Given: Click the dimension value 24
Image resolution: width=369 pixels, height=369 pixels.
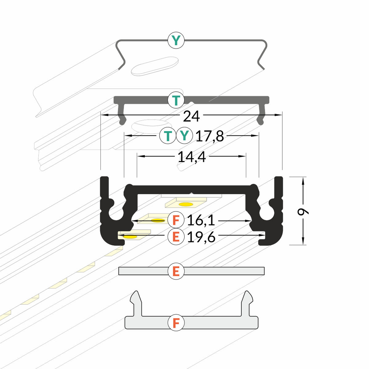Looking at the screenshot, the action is click(x=191, y=116).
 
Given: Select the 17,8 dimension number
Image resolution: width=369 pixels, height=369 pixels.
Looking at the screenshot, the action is click(x=210, y=136).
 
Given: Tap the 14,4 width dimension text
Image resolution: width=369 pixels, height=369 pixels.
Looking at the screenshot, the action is click(x=192, y=157).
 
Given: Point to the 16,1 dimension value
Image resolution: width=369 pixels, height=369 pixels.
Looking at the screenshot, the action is click(x=201, y=220).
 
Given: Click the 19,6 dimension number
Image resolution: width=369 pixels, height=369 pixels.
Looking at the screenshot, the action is click(x=201, y=237).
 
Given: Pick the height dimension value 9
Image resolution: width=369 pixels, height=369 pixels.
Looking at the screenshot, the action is click(x=303, y=211).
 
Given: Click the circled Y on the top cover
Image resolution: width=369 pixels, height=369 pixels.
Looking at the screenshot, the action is click(x=176, y=40).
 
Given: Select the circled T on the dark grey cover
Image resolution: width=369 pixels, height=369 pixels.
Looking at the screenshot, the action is click(x=176, y=100).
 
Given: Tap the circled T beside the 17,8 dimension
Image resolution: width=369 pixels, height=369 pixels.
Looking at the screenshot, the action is click(x=168, y=136).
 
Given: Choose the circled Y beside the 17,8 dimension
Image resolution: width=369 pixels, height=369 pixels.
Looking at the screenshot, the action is click(x=184, y=135).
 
